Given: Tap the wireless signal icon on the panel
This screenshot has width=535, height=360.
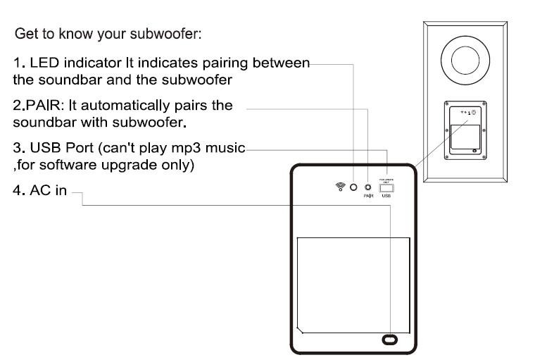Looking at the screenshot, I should (341, 187).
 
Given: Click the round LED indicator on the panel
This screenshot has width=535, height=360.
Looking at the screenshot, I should (353, 187).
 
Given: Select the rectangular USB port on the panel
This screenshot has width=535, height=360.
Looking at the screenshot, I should (386, 188).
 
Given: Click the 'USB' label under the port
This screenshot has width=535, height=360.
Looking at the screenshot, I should (386, 197).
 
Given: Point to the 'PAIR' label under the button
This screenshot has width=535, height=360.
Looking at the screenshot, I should (367, 197).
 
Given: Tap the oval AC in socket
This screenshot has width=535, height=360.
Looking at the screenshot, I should (389, 340).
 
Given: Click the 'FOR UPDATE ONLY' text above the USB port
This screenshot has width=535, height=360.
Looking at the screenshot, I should (385, 180).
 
